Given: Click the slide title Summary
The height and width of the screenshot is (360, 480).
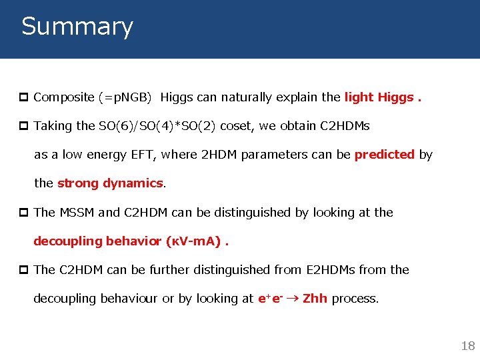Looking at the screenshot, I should click(x=77, y=27).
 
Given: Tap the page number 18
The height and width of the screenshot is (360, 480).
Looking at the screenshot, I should click(x=468, y=345).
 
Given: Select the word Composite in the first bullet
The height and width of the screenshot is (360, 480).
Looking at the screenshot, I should click(x=64, y=97).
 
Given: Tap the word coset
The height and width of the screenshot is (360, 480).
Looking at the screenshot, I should click(x=235, y=126).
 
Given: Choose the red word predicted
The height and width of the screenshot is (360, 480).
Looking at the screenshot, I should click(x=385, y=155).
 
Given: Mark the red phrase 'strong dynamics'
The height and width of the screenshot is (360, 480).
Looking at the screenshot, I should click(x=110, y=183).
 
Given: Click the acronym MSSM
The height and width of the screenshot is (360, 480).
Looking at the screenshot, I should click(x=76, y=213).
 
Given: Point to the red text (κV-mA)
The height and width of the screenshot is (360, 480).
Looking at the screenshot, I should click(x=193, y=241).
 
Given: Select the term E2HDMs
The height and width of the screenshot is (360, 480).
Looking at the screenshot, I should click(x=331, y=270).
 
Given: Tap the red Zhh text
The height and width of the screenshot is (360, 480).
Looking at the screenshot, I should click(x=315, y=299).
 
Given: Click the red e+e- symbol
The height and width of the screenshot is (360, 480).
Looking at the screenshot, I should click(x=271, y=299).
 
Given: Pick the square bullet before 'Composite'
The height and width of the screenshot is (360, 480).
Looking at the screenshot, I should click(x=25, y=97).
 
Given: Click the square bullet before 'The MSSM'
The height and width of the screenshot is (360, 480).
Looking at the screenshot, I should click(x=25, y=213).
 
